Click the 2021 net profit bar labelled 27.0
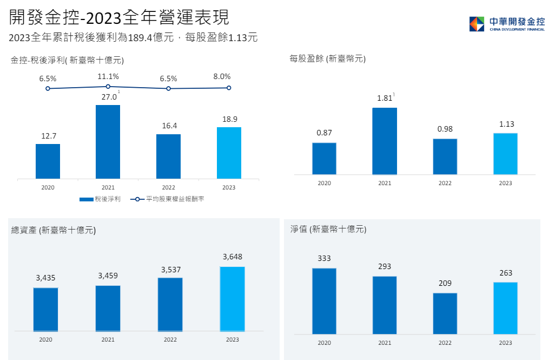(x=108, y=141)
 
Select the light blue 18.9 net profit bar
(x=229, y=153)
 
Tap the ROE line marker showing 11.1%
(x=108, y=86)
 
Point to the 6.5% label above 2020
(x=48, y=78)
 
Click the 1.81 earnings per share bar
(x=385, y=141)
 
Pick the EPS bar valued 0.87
(x=324, y=158)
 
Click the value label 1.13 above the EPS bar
(x=505, y=124)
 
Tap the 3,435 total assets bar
(x=45, y=309)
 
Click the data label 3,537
(x=170, y=269)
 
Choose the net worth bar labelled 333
(x=324, y=301)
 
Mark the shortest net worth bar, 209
(x=445, y=313)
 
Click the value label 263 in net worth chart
(x=505, y=273)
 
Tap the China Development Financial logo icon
(x=477, y=24)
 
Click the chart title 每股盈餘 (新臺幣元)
(x=327, y=59)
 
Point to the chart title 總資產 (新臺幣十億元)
(x=54, y=230)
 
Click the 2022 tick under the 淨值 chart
(x=445, y=343)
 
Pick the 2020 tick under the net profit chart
(x=48, y=187)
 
